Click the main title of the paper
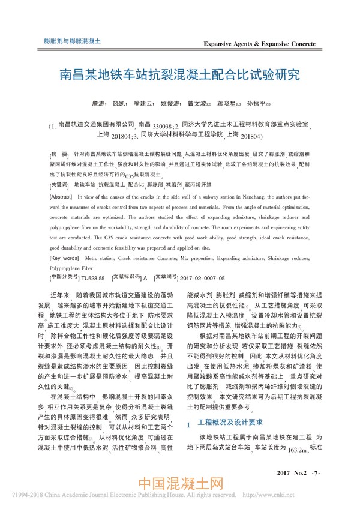pyautogui.click(x=179, y=76)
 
